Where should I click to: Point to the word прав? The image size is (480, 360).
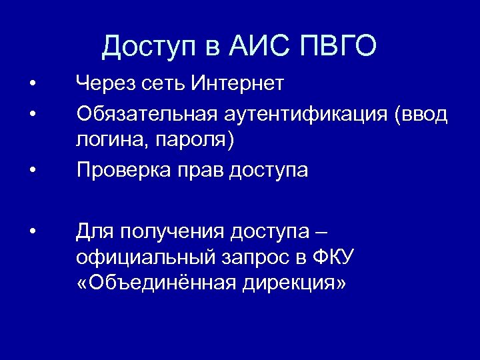click(x=201, y=171)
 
